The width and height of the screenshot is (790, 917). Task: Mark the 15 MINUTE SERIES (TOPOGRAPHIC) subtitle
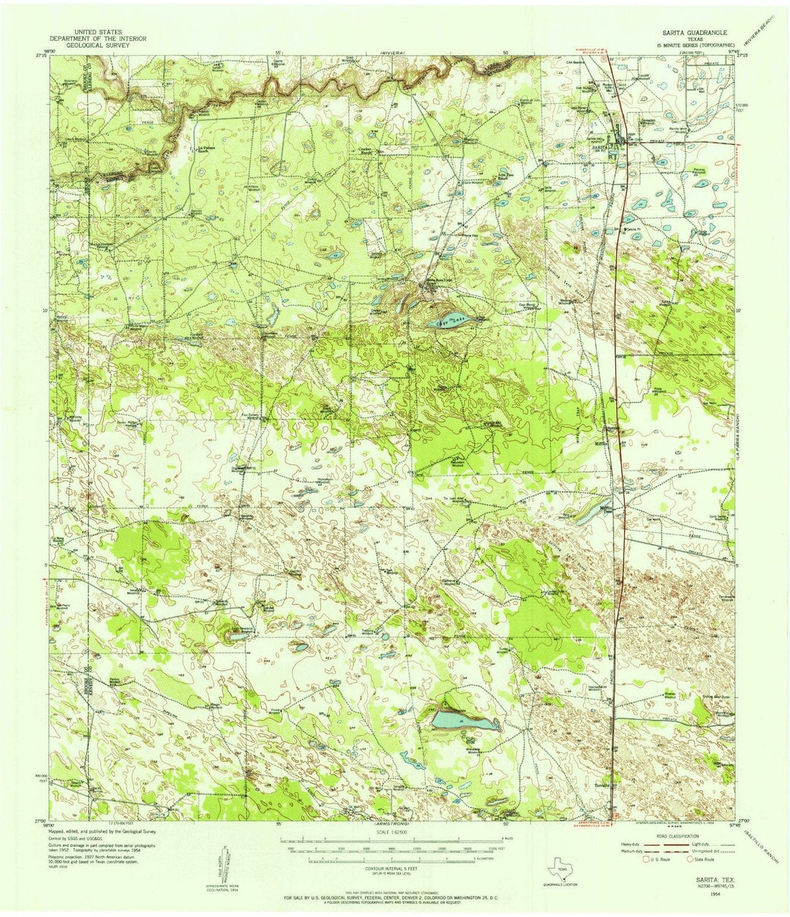point(693,45)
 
